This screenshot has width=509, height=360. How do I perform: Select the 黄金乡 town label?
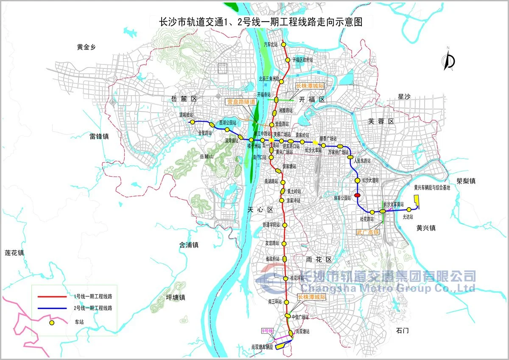(87, 48)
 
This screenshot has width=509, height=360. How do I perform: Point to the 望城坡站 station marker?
(192, 122)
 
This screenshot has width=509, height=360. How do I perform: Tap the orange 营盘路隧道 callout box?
(241, 102)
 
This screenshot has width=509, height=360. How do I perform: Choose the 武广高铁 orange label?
(367, 233)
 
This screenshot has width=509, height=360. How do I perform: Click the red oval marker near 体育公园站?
(357, 195)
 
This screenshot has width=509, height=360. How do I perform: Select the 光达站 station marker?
(409, 209)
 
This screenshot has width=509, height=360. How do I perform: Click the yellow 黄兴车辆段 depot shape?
(416, 202)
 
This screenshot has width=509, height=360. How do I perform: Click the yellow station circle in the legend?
(52, 323)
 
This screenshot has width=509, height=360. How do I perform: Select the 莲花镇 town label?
(14, 253)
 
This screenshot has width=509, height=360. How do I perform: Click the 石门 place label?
(401, 330)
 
